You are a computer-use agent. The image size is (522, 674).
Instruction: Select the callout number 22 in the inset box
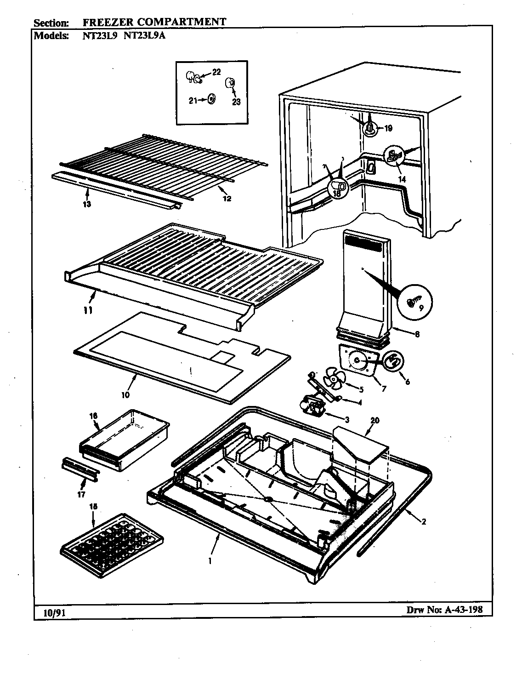(216, 71)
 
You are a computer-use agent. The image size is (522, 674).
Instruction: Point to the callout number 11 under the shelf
(88, 311)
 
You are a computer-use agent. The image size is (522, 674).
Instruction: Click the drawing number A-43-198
(460, 610)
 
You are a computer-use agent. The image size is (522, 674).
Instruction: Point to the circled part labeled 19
(370, 129)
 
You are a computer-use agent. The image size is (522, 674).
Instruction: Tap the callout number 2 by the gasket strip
(423, 521)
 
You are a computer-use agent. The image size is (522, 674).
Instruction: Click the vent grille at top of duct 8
(363, 244)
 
